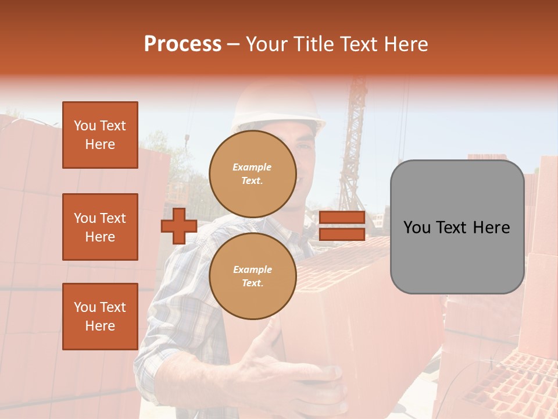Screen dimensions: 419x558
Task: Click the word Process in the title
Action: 183,44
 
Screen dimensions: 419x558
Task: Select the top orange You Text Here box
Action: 100,135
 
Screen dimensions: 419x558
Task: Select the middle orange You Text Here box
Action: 100,227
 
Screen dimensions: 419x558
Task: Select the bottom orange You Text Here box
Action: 100,317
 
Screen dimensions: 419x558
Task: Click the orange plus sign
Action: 178,226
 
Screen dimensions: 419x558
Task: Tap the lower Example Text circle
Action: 252,276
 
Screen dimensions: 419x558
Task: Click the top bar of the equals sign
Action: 342,218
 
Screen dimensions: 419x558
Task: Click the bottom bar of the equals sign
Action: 342,234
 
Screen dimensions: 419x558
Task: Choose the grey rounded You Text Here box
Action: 457,227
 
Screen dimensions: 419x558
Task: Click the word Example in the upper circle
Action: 252,168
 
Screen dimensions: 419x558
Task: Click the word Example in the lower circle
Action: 252,270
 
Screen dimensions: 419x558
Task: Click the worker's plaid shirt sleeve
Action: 169,326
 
